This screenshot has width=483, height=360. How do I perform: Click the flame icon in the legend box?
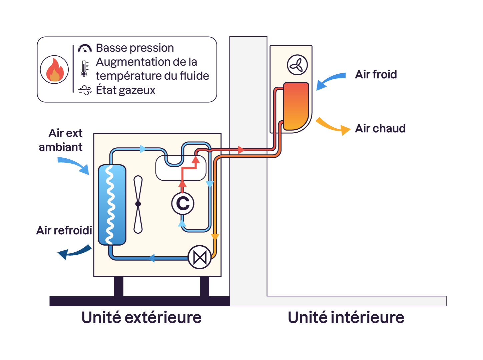pyautogui.click(x=54, y=70)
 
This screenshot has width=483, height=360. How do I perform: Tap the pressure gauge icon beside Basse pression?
pyautogui.click(x=85, y=48)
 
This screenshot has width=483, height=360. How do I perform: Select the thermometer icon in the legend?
pyautogui.click(x=84, y=68)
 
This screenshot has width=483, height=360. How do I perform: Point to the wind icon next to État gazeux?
pyautogui.click(x=85, y=90)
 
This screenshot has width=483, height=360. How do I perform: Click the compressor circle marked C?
pyautogui.click(x=183, y=203)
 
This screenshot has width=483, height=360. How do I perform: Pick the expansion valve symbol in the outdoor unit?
pyautogui.click(x=200, y=257)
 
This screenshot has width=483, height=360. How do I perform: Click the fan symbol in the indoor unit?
pyautogui.click(x=297, y=65)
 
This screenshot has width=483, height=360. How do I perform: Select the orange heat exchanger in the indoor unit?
pyautogui.click(x=296, y=106)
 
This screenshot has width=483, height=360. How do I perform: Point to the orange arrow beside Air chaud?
pyautogui.click(x=333, y=126)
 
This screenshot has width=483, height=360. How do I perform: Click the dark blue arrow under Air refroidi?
pyautogui.click(x=74, y=252)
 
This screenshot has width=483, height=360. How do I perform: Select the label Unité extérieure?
pyautogui.click(x=141, y=317)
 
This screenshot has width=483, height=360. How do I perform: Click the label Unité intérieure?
pyautogui.click(x=346, y=317)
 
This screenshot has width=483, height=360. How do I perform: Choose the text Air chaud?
pyautogui.click(x=380, y=128)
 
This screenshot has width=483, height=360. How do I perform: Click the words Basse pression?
pyautogui.click(x=135, y=48)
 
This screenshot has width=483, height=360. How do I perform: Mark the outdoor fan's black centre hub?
pyautogui.click(x=138, y=204)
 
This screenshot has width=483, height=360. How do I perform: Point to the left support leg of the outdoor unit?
pyautogui.click(x=118, y=286)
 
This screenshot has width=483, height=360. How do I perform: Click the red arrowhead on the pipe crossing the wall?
pyautogui.click(x=241, y=150)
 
